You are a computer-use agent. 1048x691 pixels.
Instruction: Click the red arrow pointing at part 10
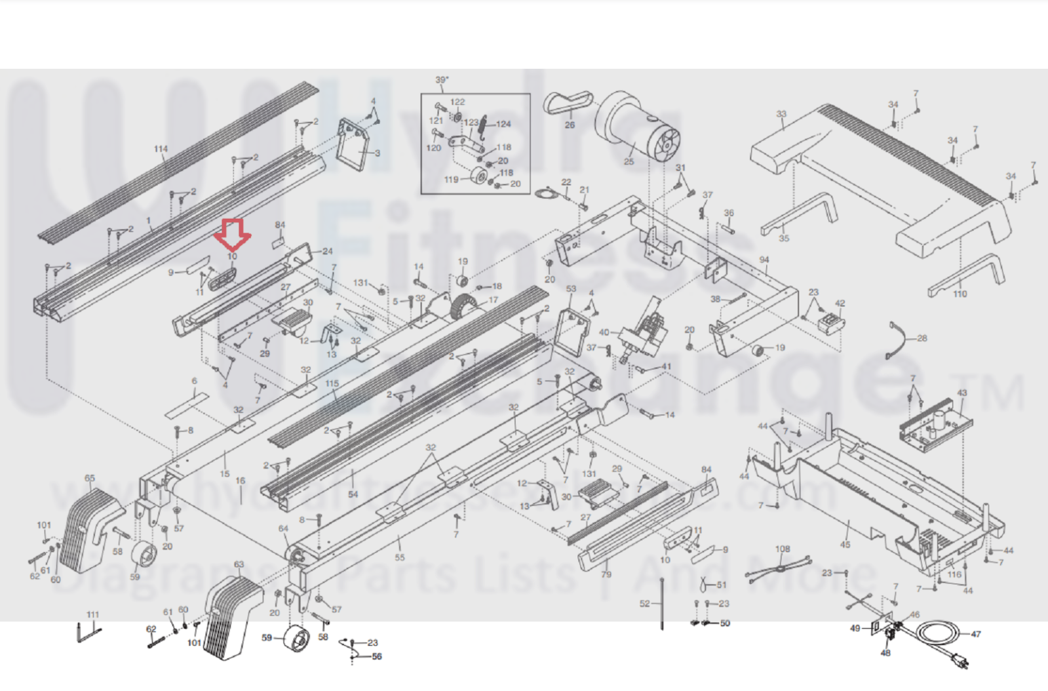232,233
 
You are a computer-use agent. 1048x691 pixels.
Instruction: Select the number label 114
161,149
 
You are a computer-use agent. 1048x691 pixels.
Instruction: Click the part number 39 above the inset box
442,80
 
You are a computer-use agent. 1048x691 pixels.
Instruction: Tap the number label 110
960,294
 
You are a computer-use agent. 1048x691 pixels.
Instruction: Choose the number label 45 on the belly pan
845,544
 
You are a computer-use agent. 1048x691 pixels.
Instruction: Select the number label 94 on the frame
764,260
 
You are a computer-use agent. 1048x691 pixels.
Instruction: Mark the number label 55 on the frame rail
400,557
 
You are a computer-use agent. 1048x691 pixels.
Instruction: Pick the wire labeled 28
898,339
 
